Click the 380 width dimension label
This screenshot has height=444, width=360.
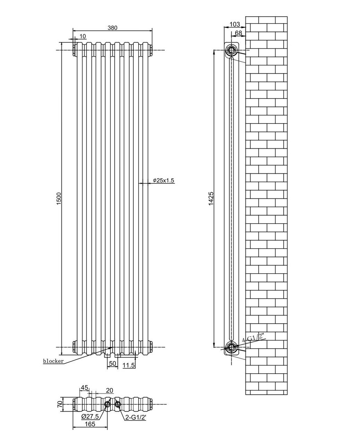(112, 28)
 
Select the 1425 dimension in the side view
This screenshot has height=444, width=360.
(211, 199)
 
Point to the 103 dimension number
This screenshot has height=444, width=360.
(235, 24)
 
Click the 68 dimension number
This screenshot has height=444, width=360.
(239, 33)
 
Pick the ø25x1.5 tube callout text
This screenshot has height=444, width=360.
(163, 180)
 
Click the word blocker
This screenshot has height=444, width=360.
(53, 361)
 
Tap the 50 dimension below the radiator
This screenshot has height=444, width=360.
(112, 364)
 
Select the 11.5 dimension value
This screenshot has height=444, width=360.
(128, 365)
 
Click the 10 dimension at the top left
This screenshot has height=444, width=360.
(83, 36)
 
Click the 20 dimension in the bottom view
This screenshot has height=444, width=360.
(110, 391)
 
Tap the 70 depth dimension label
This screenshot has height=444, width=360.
(60, 404)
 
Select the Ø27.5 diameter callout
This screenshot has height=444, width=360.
(90, 416)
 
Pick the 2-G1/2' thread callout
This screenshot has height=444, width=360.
(136, 418)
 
